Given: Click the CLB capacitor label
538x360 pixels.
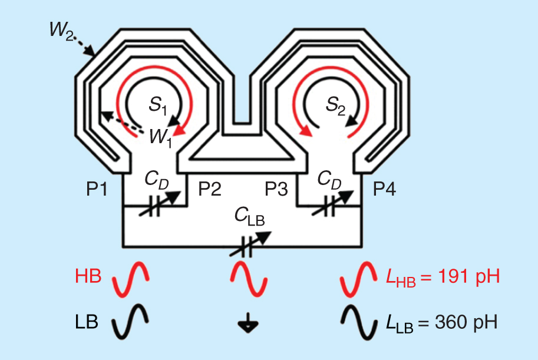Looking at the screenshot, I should (249, 218).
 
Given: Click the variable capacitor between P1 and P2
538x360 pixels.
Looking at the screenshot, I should (155, 206).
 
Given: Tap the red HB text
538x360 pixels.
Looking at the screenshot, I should (89, 276).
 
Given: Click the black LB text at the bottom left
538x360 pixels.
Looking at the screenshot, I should (88, 322).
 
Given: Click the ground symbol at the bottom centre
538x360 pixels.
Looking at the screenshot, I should (247, 323).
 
